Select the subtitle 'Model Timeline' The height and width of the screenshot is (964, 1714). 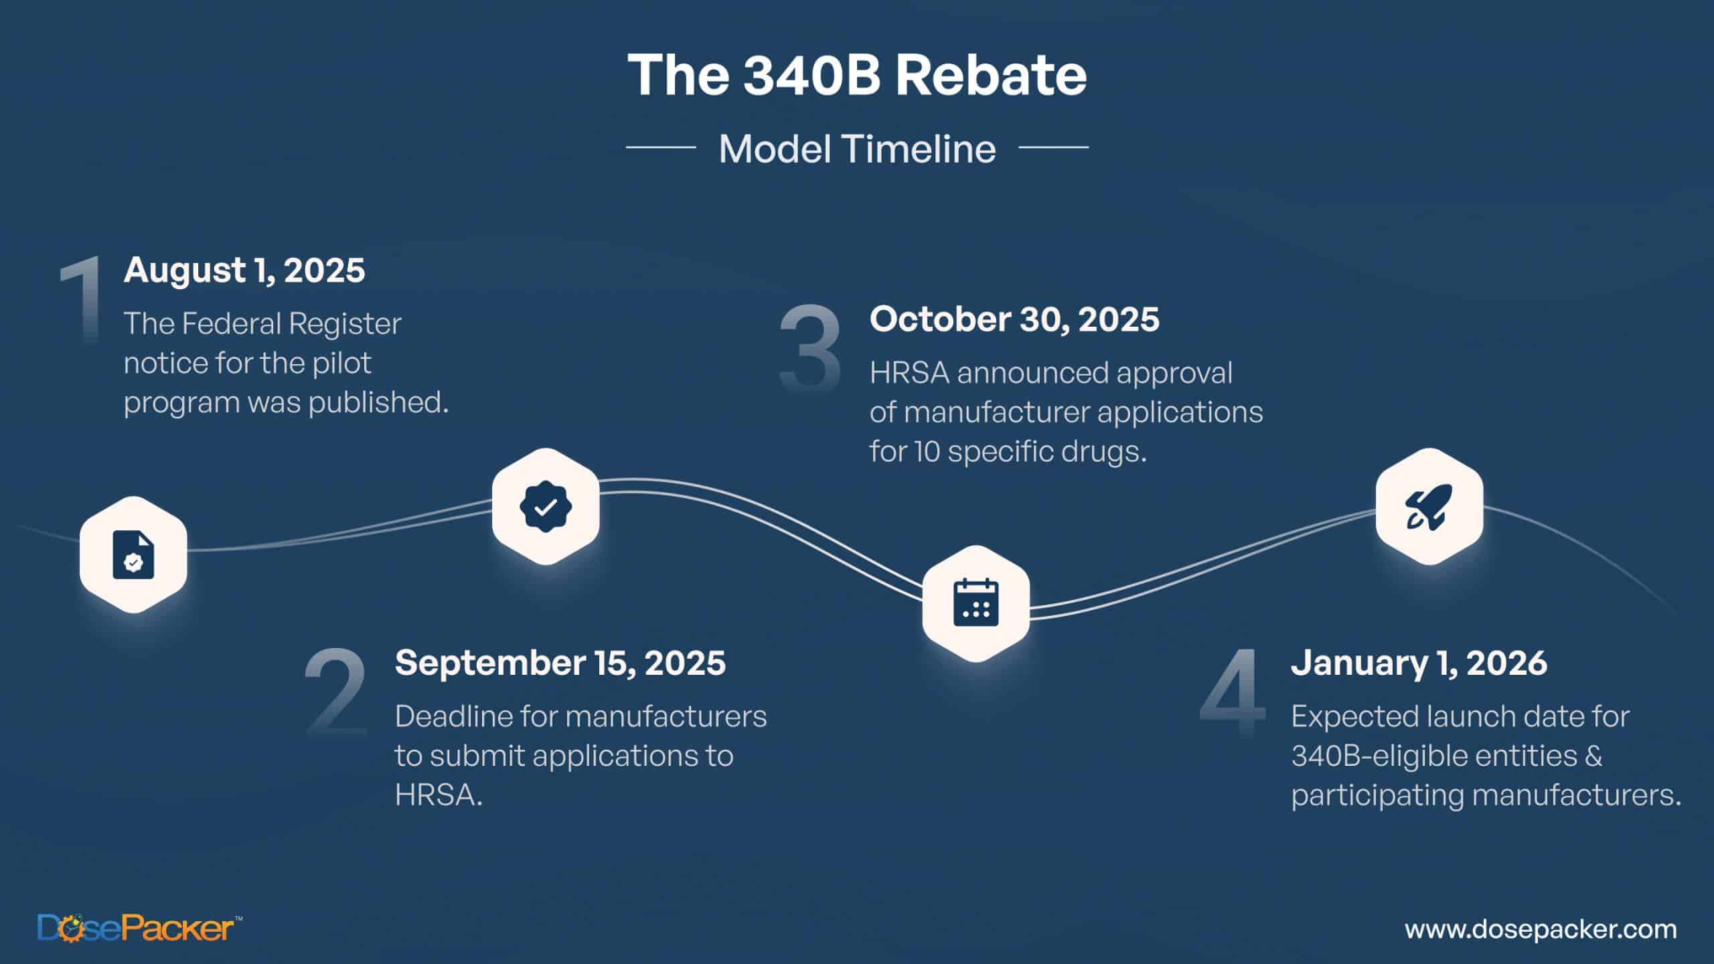click(x=857, y=149)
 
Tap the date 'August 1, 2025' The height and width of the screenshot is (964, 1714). click(x=244, y=271)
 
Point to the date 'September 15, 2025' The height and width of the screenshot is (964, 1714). click(x=560, y=663)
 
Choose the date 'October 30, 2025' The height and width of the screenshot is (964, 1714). click(x=1014, y=319)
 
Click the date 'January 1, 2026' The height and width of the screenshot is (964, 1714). click(x=1419, y=663)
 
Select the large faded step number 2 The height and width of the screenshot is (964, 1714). click(x=335, y=693)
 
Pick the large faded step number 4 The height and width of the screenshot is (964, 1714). click(x=1233, y=693)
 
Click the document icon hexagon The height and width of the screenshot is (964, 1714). click(x=133, y=554)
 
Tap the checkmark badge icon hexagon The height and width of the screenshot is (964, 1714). click(x=546, y=506)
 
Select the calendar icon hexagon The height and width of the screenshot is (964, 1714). click(x=976, y=603)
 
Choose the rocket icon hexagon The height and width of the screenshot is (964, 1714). click(x=1429, y=506)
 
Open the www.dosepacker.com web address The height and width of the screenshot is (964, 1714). click(x=1541, y=929)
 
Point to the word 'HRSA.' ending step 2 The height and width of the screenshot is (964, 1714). click(x=439, y=795)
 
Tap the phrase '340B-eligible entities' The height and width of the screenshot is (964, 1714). click(x=1446, y=756)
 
